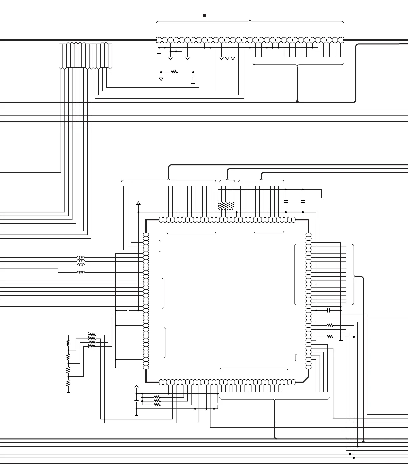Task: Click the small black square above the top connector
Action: (205, 16)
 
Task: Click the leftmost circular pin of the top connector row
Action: (159, 40)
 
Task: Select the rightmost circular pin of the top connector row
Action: (340, 40)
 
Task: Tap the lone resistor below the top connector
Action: (174, 72)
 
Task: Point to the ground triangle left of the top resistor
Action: (161, 79)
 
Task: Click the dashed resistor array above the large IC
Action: (226, 205)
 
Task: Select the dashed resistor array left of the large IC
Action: (92, 340)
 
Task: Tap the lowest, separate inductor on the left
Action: (81, 273)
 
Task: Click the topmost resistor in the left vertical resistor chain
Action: (68, 343)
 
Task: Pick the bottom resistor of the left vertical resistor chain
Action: (68, 383)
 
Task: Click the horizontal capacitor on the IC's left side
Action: (128, 310)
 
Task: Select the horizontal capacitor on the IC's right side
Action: (329, 310)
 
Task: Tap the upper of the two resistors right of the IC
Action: (330, 325)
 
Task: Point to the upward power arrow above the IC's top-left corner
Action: (138, 203)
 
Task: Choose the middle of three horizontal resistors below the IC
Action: (157, 401)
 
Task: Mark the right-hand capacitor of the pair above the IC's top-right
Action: (303, 201)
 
